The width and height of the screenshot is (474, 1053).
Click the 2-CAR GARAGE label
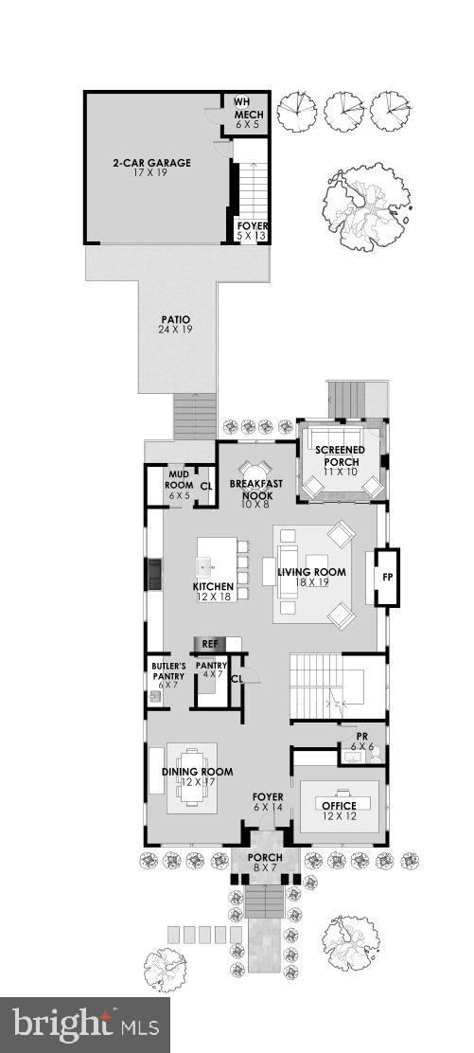pos(159,163)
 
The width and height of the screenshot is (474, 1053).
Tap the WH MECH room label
pos(249,108)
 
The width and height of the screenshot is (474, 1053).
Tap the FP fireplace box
pos(387,576)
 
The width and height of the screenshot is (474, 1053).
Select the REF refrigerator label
pos(209,644)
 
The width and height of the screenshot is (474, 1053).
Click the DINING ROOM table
pos(193,777)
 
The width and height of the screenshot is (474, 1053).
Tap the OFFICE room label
pos(340,806)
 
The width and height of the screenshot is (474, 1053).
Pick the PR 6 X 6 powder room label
pos(362,741)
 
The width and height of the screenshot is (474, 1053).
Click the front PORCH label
pos(266,858)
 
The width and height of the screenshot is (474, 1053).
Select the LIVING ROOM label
pos(311,573)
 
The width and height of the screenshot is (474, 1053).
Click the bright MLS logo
pos(84,1024)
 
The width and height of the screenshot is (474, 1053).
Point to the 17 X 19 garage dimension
pos(159,174)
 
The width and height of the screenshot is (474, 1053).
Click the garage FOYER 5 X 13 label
pos(250,230)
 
